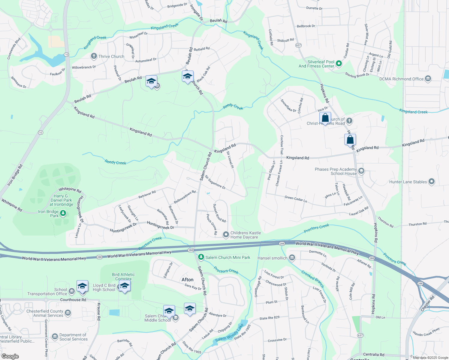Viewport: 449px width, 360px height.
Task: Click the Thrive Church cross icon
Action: point(94,56)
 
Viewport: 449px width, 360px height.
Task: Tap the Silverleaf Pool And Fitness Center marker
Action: point(339,63)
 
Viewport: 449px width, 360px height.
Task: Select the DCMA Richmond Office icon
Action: point(428,79)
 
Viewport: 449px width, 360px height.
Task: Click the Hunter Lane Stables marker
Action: point(432,181)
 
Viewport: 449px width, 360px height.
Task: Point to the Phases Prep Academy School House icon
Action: point(361,171)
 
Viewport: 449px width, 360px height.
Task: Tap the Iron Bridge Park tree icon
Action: point(63,213)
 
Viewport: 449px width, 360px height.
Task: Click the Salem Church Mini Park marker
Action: point(201,257)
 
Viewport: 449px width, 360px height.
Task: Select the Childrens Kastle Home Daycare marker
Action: point(226,235)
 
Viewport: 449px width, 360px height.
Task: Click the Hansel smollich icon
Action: point(292,258)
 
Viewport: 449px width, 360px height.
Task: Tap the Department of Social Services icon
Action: point(55,337)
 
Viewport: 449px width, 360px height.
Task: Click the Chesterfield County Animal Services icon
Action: point(68,313)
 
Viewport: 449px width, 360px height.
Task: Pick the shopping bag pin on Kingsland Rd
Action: point(350,140)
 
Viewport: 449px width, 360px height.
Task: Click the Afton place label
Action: point(188,280)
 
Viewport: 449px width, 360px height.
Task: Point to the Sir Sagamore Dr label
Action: point(215,182)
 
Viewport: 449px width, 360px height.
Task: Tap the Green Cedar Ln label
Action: point(296,199)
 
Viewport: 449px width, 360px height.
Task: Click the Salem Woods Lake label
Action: point(230,333)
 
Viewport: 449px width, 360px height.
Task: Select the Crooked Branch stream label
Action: point(312,279)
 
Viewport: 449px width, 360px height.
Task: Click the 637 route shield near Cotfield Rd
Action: point(298,45)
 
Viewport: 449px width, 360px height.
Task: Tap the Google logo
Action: point(10,356)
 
